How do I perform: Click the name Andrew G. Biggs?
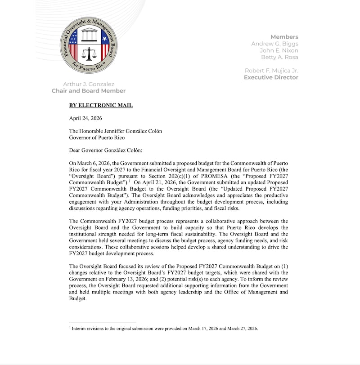pos(274,44)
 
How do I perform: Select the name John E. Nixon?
pos(277,50)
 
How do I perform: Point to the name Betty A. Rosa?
pos(279,57)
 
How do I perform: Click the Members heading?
pos(284,37)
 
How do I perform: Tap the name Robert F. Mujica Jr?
pos(271,71)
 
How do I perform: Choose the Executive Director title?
pos(271,77)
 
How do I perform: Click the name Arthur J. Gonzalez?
pos(89,84)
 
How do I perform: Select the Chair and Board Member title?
pos(89,91)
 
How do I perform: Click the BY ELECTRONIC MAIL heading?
pos(101,106)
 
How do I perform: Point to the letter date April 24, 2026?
pos(85,118)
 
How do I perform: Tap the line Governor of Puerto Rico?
pos(97,138)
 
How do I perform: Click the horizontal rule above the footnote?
pos(103,322)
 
